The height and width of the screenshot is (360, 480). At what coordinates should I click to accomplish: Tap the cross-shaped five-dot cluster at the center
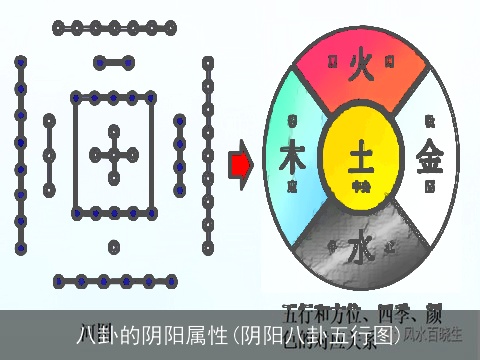tap(114, 155)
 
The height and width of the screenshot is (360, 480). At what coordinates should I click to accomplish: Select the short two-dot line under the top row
tap(114, 63)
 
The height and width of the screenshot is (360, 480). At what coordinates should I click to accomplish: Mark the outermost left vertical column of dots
tap(19, 155)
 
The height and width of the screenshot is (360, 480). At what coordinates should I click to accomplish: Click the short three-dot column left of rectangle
tap(49, 155)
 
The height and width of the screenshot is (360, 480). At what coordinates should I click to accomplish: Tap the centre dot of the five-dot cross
tap(114, 155)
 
